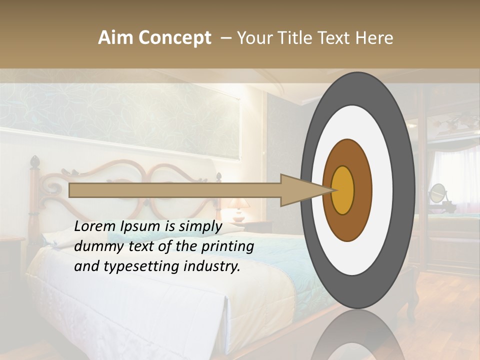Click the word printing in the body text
pyautogui.click(x=227, y=246)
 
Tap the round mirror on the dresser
pyautogui.click(x=437, y=192)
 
